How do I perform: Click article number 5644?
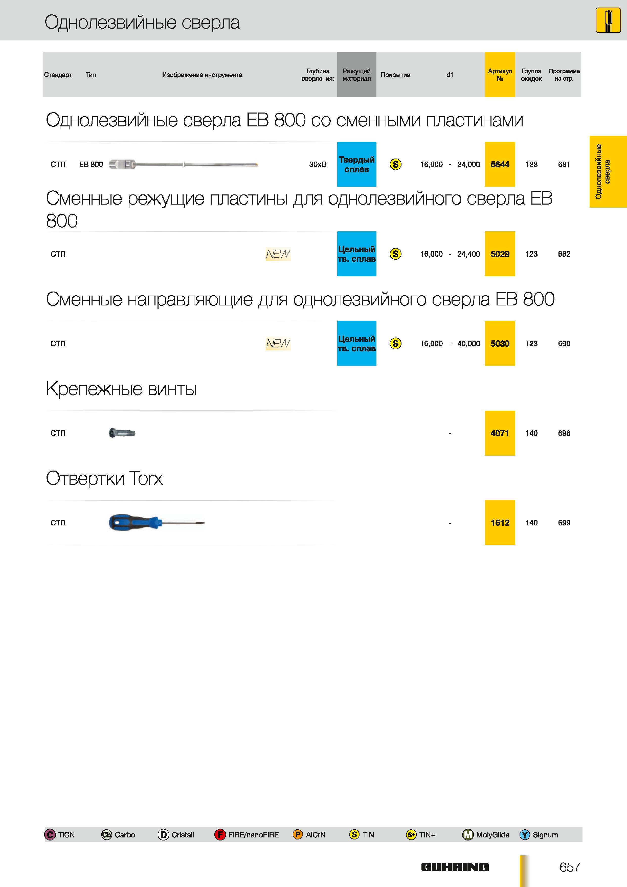(x=500, y=164)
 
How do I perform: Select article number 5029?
(x=500, y=254)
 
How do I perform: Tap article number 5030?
(x=500, y=343)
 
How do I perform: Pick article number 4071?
(x=500, y=433)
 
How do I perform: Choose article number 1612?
(x=500, y=523)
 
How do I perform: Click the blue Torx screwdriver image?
(x=156, y=523)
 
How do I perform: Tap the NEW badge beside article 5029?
(x=278, y=254)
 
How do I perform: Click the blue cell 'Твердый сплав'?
(x=356, y=164)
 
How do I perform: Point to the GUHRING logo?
(x=455, y=867)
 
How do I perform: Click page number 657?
(x=569, y=867)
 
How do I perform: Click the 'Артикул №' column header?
(x=500, y=75)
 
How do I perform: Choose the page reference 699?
(x=564, y=523)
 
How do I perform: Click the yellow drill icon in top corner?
(x=608, y=20)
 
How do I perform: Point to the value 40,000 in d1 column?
(x=469, y=343)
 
